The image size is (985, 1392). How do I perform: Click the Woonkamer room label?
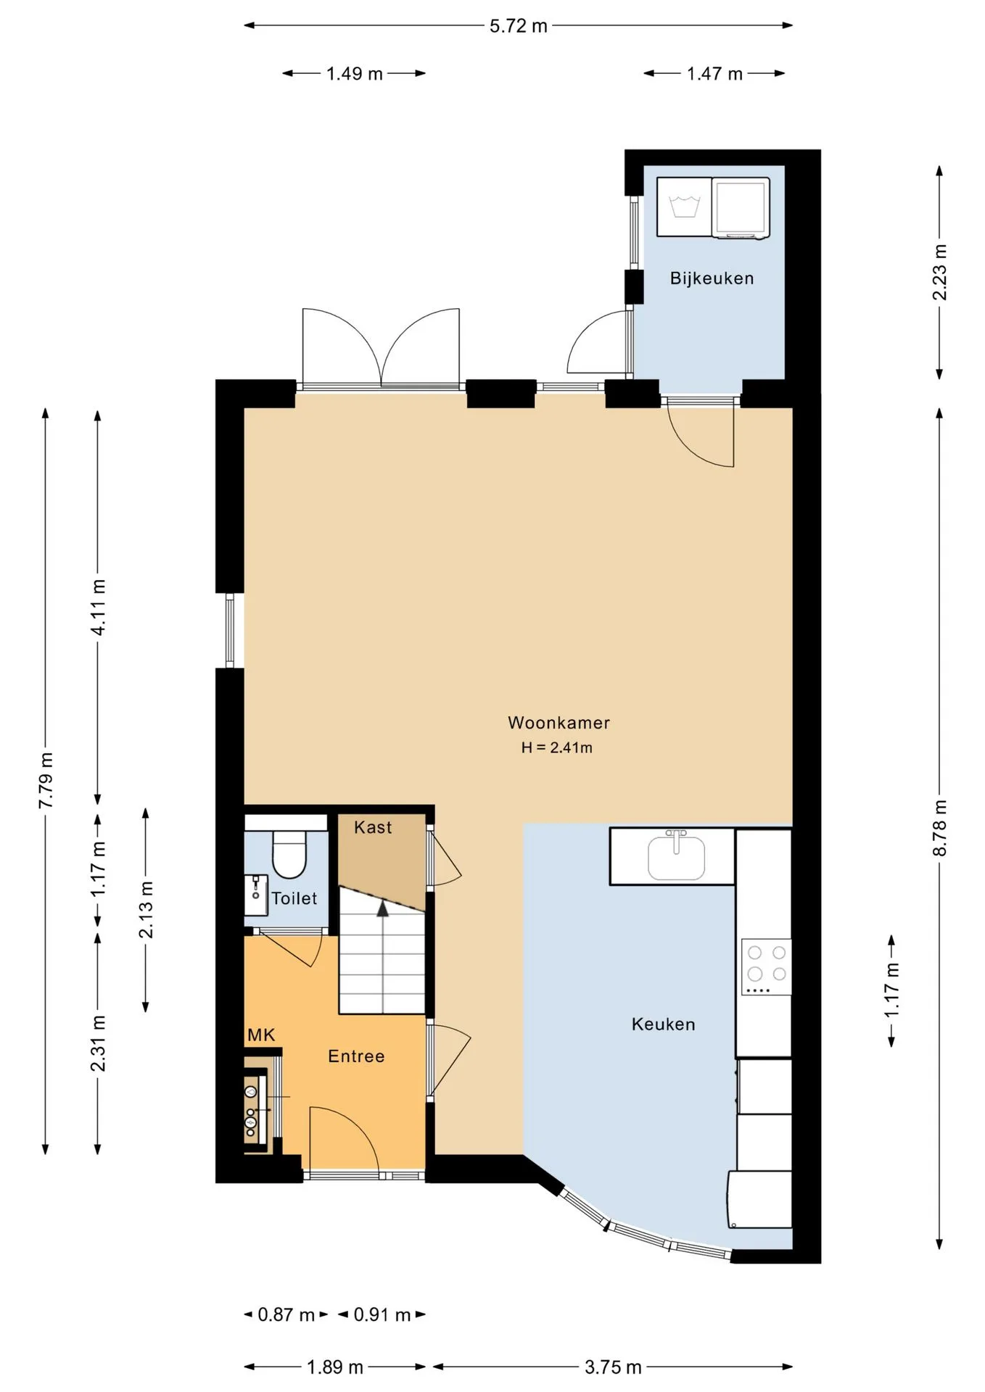pos(559,723)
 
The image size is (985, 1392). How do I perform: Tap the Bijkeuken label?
pos(712,278)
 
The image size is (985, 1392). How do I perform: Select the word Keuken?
pos(663,1024)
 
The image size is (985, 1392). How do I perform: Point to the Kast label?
pos(373,827)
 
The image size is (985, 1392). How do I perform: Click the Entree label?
pos(356,1056)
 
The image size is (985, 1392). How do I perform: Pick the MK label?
pos(261,1035)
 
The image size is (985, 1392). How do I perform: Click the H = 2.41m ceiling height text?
pos(556,747)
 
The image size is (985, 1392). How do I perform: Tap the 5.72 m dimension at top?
pos(518,26)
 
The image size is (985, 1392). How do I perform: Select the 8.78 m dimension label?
pos(940,828)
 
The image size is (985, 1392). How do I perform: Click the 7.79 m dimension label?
pos(46,780)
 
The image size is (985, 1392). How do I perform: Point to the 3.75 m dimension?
pos(613,1367)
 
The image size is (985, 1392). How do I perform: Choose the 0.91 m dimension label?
pos(382,1314)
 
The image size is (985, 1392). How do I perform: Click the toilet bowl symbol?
pos(289,854)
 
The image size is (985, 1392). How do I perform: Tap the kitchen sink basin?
pos(676,857)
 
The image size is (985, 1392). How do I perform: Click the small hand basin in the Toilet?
pos(256,895)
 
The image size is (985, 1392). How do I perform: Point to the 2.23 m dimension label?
pos(940,272)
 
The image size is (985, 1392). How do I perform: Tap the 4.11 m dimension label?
pos(98,608)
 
